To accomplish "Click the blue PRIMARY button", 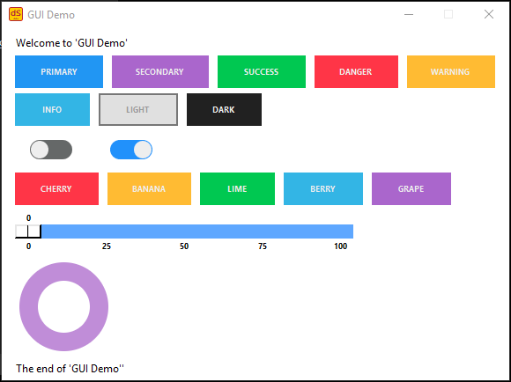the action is point(59,71).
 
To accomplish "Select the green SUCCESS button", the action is point(262,71).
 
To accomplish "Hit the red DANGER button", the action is point(356,71).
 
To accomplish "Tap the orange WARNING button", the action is point(451,71).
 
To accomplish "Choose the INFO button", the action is point(52,109).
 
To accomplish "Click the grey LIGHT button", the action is point(138,109).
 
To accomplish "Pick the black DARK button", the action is point(224,109).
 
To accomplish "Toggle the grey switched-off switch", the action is point(51,150).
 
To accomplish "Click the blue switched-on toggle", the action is point(131,150).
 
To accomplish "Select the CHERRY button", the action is point(56,189).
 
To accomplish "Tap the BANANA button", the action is point(149,189).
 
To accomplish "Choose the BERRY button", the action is point(323,189).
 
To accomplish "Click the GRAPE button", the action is point(411,189).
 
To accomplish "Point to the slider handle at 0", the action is point(28,231).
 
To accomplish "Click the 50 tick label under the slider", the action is point(184,246).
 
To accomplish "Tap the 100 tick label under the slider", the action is point(341,246).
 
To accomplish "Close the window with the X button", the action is point(489,14).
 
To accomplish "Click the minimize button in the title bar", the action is point(409,14).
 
